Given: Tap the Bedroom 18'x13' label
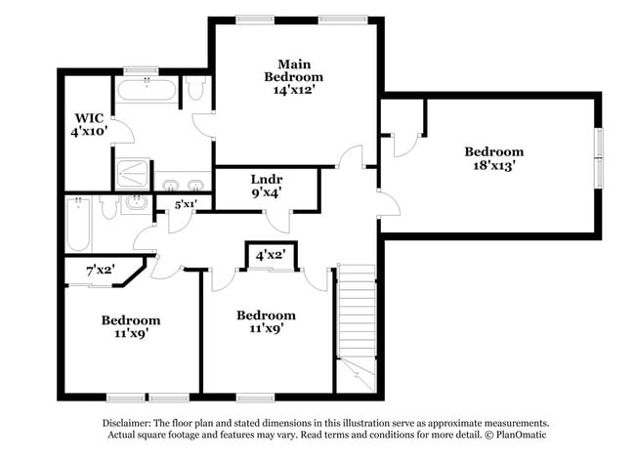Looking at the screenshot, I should coord(493,158).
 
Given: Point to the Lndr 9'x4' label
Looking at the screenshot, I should coord(267,187).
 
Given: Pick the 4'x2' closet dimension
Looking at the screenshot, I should coord(270,255).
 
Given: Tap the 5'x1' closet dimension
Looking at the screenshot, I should coord(186,204).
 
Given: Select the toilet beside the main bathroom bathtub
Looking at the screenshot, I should coord(195,91).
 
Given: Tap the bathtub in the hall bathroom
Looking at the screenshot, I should coord(79,224).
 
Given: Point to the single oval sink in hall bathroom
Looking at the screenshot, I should coord(136,204).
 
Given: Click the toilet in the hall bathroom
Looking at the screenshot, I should coord(108,206).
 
